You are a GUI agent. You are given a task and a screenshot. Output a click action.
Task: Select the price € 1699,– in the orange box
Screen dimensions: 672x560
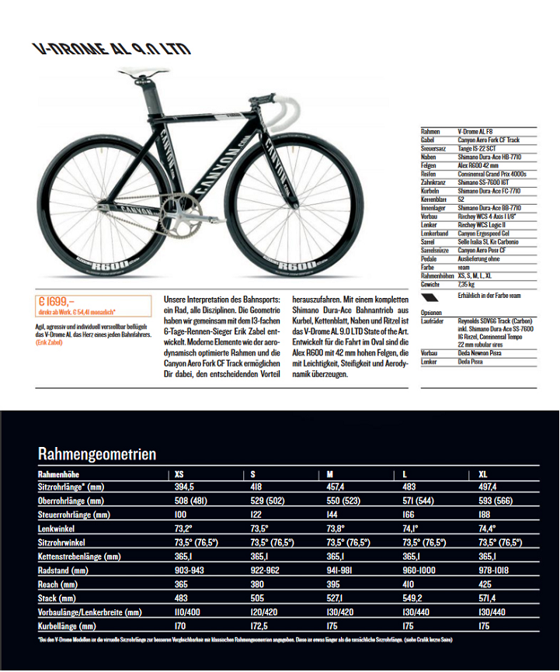coord(57,302)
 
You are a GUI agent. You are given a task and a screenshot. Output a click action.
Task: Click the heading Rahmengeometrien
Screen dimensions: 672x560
coord(97,454)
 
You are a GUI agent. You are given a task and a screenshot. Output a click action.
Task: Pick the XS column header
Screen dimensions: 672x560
coord(179,473)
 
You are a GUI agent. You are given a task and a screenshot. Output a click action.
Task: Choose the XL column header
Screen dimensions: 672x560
coord(483,473)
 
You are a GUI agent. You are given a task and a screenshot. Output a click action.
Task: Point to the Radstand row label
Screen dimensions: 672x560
coord(59,570)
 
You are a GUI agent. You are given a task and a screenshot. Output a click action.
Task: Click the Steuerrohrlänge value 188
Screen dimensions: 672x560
coord(486,514)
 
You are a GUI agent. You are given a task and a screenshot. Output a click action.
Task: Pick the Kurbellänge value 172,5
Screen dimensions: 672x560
coord(261,625)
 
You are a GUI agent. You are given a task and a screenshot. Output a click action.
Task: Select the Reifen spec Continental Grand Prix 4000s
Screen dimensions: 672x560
coord(492,175)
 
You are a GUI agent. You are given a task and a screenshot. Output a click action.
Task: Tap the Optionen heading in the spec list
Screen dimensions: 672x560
coord(431,312)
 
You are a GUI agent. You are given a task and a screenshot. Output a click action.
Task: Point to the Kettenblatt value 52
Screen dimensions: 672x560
coord(461,199)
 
